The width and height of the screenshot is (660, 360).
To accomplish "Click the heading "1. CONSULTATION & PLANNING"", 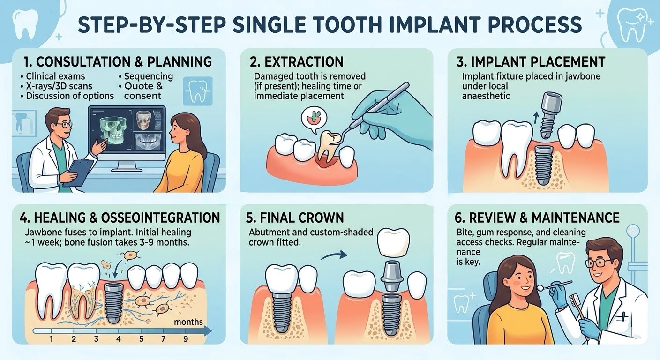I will click(x=117, y=61).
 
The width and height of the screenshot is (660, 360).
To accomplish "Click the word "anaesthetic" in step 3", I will click(x=486, y=96).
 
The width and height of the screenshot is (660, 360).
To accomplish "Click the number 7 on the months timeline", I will click(x=164, y=338).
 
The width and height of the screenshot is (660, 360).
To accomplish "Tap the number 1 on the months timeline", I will click(x=52, y=338).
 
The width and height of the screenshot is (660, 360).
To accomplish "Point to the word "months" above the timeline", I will click(x=188, y=322).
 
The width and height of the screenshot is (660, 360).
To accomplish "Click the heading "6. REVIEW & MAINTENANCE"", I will click(x=537, y=217).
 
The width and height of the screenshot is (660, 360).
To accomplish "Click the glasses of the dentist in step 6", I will click(x=598, y=263).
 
